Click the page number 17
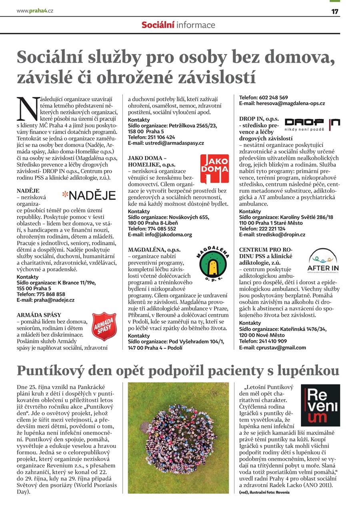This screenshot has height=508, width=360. point(335,11)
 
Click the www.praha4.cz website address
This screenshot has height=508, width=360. point(35,11)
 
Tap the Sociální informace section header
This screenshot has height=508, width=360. point(178,25)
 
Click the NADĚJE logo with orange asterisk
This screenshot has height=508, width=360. point(89,195)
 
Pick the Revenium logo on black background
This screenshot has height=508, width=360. point(320,405)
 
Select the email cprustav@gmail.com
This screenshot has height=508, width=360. point(272,347)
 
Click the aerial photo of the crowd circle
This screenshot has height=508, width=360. point(178,438)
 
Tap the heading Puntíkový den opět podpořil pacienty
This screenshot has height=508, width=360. point(178,370)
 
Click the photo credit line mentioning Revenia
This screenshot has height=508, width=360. point(264,492)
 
